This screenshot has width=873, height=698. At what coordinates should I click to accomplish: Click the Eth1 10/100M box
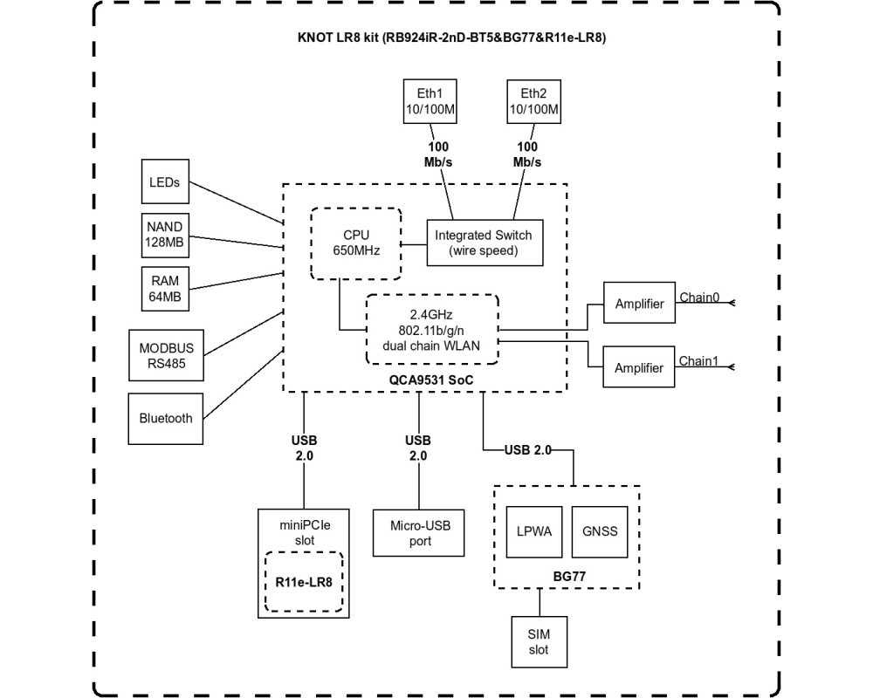coord(430,101)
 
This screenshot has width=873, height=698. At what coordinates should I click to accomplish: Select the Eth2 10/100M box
coord(534,101)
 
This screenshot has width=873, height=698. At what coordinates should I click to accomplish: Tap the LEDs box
coord(165,181)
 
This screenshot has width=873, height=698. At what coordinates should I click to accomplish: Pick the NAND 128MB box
coord(165,235)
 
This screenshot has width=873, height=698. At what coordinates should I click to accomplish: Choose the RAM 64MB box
coord(165,288)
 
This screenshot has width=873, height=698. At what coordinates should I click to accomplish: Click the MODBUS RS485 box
coord(166,355)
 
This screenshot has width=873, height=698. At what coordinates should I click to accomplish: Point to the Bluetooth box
coord(165,419)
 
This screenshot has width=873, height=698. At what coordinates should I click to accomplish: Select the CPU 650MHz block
coord(356,243)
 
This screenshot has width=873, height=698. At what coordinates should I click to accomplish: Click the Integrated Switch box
coord(485,243)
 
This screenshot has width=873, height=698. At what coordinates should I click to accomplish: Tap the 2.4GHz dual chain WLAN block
coord(432,330)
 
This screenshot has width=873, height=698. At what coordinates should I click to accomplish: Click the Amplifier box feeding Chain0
coord(639,303)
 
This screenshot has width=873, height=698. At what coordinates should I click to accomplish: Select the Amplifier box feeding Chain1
coord(639,366)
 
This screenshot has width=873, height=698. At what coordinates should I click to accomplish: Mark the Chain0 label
coord(699,298)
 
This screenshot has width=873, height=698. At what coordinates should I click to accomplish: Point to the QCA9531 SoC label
coord(431,380)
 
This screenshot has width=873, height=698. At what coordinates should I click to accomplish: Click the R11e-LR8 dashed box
coord(304,582)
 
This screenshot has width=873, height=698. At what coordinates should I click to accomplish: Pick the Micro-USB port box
coord(419,533)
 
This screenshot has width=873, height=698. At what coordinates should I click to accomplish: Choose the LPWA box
coord(534,531)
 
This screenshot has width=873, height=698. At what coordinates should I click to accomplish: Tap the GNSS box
coord(600,531)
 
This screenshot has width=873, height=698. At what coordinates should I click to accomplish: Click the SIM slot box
coord(539,642)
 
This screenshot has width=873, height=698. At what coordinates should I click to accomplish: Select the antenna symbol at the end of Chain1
coord(732,366)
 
